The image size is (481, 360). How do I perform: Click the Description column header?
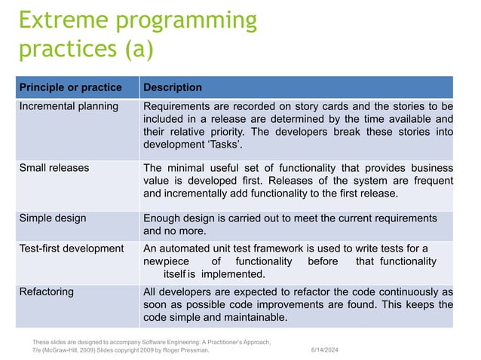pos(173,87)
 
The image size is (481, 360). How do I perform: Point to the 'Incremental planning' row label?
pos(69,106)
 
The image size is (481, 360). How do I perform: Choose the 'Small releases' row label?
pos(54,167)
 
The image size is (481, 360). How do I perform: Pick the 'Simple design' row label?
pos(53,218)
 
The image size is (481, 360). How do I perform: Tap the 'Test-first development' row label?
pos(72,249)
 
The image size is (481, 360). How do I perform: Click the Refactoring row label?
pos(46,291)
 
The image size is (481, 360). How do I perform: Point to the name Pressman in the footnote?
pos(190,350)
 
